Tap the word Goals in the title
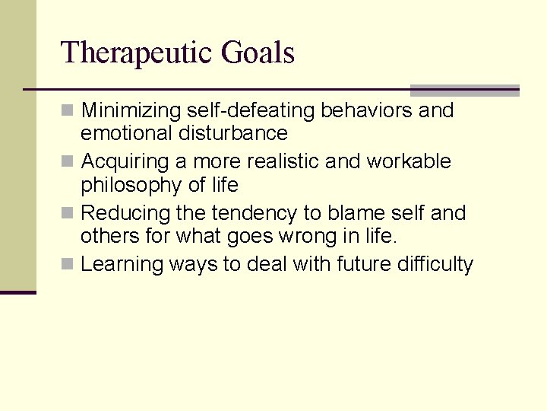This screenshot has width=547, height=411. click(x=258, y=53)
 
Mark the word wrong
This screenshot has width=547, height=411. click(x=282, y=237)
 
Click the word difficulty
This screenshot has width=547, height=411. click(x=437, y=265)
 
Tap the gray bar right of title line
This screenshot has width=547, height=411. click(x=464, y=90)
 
